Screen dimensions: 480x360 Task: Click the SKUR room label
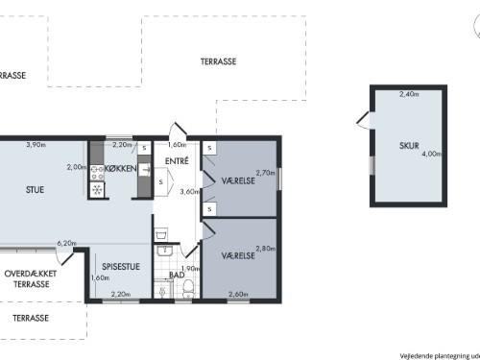click(409, 146)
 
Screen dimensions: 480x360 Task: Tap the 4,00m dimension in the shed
click(432, 154)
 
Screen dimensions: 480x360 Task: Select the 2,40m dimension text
click(409, 94)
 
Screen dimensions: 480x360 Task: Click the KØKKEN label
click(121, 168)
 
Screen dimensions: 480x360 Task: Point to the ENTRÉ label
click(177, 161)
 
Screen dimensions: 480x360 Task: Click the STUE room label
click(35, 190)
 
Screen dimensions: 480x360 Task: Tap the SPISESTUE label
click(121, 267)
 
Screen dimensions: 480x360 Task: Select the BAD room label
click(177, 275)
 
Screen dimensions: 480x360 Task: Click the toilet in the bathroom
click(188, 289)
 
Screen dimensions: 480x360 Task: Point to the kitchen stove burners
click(97, 173)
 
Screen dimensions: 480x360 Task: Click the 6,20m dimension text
click(67, 243)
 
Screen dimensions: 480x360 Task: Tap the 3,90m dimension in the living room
click(36, 145)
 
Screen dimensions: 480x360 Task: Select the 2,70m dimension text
click(266, 173)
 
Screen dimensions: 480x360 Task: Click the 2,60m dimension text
click(238, 294)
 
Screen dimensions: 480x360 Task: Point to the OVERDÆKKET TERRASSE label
click(31, 279)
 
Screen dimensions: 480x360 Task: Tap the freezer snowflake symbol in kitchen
click(97, 189)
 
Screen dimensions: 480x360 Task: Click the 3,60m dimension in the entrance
click(189, 192)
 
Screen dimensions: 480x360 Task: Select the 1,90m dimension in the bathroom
click(191, 269)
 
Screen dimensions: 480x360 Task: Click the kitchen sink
click(145, 169)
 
